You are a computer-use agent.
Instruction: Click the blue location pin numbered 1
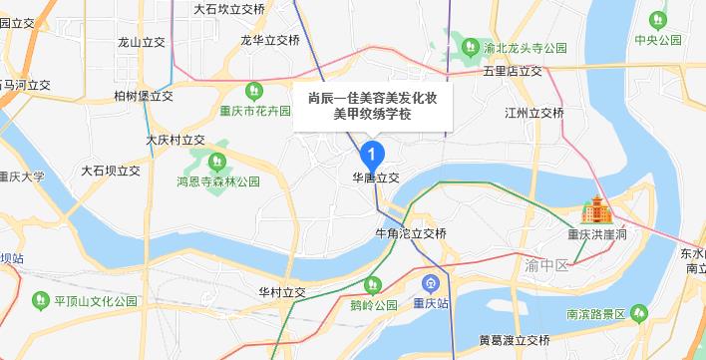371,155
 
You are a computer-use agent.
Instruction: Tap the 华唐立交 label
375,177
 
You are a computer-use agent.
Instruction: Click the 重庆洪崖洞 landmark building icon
596,210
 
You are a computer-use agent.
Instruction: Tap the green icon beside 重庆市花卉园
253,90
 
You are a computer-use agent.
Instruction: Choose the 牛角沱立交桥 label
410,233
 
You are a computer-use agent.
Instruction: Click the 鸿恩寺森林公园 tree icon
212,161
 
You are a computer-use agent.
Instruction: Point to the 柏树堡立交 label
145,96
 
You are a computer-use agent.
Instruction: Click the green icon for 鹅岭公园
373,283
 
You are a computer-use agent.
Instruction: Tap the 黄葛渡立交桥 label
515,340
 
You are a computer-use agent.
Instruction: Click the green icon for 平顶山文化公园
40,298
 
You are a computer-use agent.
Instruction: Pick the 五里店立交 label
513,72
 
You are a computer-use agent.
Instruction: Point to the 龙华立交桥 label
270,41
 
